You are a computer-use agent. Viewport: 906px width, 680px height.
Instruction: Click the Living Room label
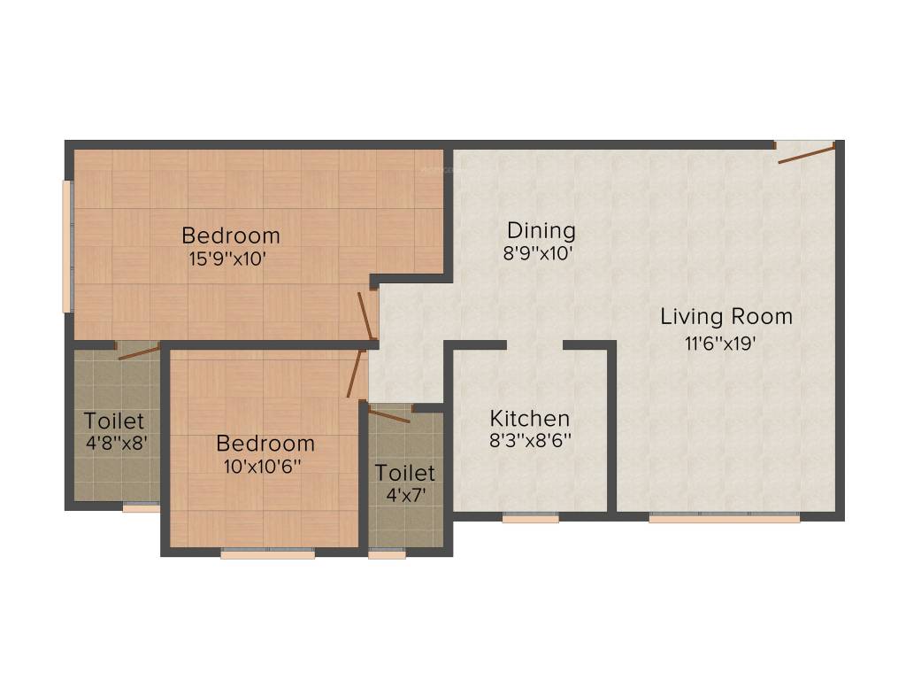tap(726, 316)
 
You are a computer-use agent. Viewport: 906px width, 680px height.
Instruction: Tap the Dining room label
tap(539, 231)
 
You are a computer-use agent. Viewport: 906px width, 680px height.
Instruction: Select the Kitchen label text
tap(530, 418)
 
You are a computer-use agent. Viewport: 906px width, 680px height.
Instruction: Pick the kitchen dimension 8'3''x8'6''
tap(530, 441)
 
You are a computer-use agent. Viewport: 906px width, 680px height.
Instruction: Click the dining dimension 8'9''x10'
tap(539, 253)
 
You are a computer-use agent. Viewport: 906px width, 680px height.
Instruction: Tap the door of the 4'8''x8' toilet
tap(137, 352)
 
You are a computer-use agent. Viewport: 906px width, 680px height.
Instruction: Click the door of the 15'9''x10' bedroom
tap(365, 315)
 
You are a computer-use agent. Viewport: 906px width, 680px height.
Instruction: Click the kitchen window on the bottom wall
tap(531, 519)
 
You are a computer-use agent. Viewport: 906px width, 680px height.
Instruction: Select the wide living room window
tap(724, 519)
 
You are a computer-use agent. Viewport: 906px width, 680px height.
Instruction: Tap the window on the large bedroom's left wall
tap(66, 246)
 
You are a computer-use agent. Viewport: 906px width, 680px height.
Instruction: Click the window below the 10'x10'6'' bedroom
tap(267, 554)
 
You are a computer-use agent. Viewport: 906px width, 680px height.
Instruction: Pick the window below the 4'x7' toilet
tap(387, 554)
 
